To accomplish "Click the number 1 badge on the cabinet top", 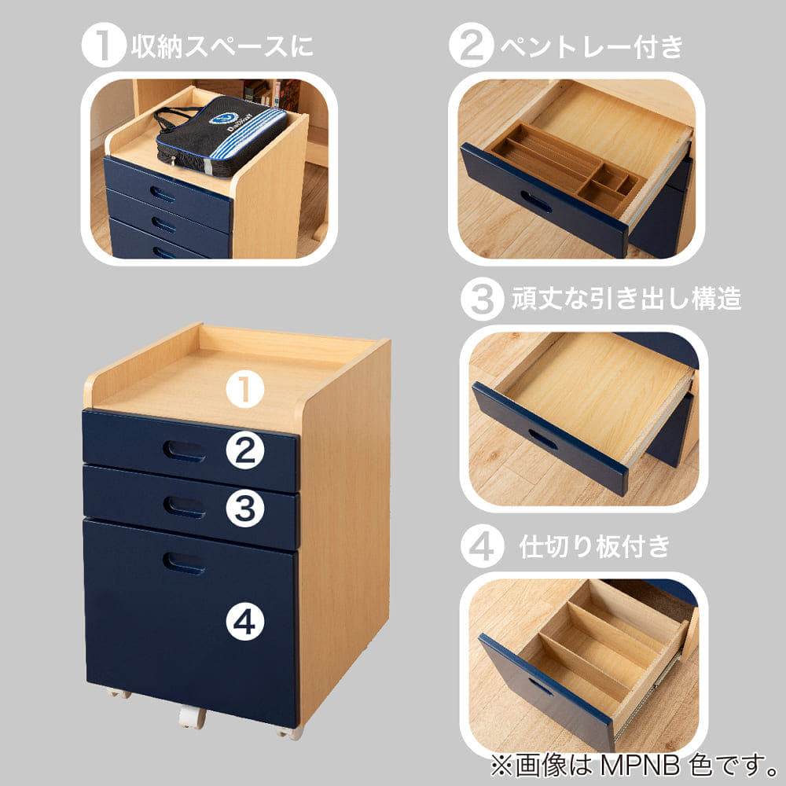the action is click(244, 391).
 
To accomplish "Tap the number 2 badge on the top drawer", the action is click(244, 450).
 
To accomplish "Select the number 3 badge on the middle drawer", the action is click(244, 508).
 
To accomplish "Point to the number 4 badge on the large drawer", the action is click(244, 623).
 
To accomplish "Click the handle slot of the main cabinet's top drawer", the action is click(184, 450).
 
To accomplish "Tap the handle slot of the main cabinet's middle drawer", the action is click(184, 507).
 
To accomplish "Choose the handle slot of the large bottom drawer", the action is click(184, 563).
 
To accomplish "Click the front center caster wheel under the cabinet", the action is click(191, 718).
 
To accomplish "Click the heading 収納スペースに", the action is click(222, 46).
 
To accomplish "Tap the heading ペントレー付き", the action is click(592, 46).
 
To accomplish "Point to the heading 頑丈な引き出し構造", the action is click(626, 299).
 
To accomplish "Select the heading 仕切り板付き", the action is click(594, 546).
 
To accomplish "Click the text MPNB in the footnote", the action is click(640, 766).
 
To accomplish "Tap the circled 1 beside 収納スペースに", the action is click(104, 45).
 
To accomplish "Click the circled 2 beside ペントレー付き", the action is click(472, 45).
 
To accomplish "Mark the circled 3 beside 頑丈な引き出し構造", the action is click(483, 299).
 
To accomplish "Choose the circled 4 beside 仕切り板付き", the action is click(483, 546).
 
